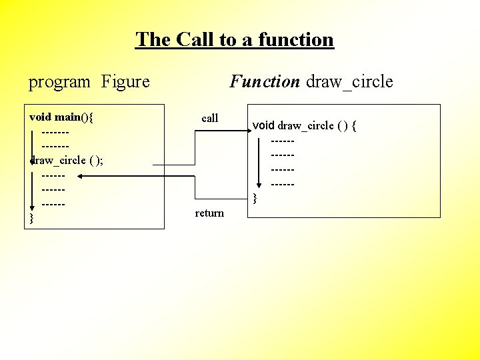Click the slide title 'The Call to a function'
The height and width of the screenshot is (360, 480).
(235, 39)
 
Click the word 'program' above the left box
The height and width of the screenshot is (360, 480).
(59, 82)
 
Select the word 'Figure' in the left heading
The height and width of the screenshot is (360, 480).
(125, 82)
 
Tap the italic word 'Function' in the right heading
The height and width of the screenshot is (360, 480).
(265, 81)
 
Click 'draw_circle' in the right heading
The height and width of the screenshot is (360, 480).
(349, 81)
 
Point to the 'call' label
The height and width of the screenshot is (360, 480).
(210, 118)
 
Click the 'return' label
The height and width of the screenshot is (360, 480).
(209, 213)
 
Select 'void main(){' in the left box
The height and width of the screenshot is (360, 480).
(62, 117)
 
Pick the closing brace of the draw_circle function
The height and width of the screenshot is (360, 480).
(254, 197)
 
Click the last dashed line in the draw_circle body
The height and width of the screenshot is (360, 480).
(283, 183)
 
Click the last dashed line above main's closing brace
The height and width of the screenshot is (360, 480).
(53, 204)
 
